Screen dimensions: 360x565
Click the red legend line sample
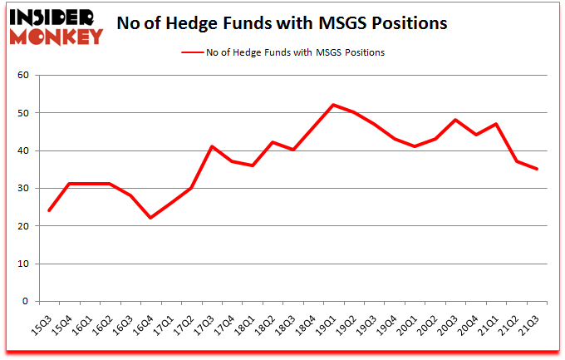click(194, 52)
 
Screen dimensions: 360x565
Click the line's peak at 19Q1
click(333, 105)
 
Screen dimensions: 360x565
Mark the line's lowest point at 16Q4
click(150, 218)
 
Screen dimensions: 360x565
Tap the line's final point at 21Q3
click(537, 169)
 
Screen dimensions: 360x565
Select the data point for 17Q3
click(211, 146)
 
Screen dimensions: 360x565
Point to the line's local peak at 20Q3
click(455, 120)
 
